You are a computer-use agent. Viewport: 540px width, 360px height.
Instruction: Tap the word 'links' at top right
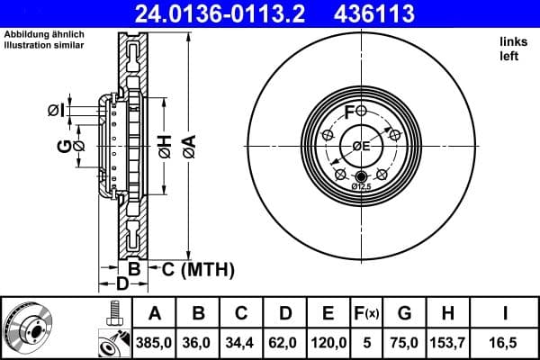click(513, 41)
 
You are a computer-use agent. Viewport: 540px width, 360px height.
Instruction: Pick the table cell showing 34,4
click(242, 342)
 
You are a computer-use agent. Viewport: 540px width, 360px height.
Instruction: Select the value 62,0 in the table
click(285, 342)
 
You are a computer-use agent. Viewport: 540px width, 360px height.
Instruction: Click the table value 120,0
click(329, 342)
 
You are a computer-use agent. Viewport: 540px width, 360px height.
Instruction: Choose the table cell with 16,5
click(506, 342)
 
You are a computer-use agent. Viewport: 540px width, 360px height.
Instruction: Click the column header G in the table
click(405, 314)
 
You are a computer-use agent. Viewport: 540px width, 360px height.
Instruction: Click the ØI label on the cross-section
click(56, 111)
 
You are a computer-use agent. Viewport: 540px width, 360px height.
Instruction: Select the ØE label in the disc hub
click(361, 146)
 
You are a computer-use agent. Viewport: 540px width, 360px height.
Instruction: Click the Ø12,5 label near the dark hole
click(361, 186)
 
